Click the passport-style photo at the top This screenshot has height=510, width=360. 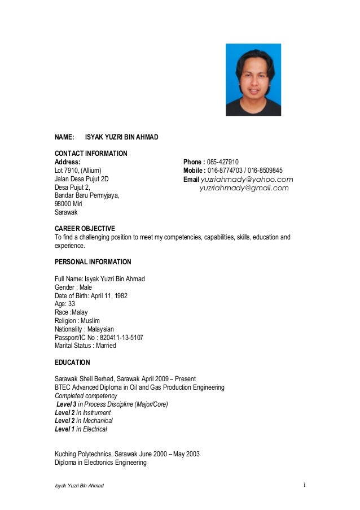(x=253, y=80)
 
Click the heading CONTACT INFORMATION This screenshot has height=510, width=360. (x=91, y=154)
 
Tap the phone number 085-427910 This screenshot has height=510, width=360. (x=223, y=161)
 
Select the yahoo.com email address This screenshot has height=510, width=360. (x=247, y=179)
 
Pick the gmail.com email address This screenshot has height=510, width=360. (x=244, y=188)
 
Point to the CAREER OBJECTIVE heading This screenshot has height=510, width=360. (x=85, y=228)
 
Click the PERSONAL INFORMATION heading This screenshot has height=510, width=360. (x=93, y=262)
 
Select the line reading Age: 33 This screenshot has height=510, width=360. (x=65, y=304)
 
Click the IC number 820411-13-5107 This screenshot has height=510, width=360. (x=121, y=337)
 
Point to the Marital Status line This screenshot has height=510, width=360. (x=85, y=346)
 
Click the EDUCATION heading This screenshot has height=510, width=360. (x=72, y=362)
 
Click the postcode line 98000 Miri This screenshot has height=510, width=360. (x=68, y=204)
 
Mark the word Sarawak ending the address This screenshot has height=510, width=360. (x=66, y=213)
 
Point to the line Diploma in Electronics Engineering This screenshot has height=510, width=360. (x=100, y=463)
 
